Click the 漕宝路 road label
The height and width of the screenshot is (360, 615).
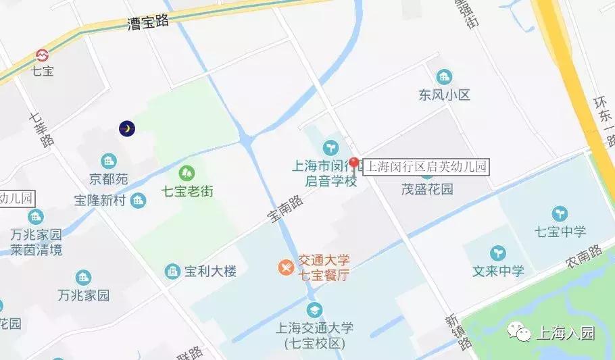(x=148, y=23)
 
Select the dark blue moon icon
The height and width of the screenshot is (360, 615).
(x=127, y=128)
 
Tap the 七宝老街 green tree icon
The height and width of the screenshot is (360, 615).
(x=187, y=174)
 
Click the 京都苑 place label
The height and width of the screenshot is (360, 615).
(x=108, y=180)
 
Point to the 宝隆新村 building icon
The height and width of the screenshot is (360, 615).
(x=139, y=200)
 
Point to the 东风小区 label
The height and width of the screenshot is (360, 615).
(x=444, y=95)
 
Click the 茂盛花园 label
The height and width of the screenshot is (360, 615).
(x=427, y=190)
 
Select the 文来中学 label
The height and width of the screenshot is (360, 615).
(x=499, y=272)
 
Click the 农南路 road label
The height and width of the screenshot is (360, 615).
(x=585, y=253)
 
